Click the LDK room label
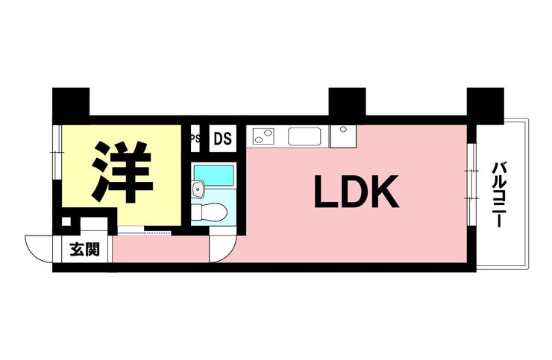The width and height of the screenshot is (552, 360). click(357, 192)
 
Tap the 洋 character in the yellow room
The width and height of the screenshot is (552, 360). click(122, 172)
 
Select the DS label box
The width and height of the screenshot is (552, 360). click(223, 139)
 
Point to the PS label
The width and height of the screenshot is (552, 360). click(195, 139)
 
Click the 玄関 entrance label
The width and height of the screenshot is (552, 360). click(85, 249)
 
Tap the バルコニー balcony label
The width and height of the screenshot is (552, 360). click(498, 195)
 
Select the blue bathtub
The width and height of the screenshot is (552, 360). click(214, 175)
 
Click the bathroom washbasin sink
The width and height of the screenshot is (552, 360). click(198, 189)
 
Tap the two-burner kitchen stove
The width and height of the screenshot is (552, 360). click(263, 136)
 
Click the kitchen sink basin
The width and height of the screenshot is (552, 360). click(305, 136)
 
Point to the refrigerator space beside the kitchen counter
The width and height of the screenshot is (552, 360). click(343, 136)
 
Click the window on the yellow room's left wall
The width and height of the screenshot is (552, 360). click(57, 152)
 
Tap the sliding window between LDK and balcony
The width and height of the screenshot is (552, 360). click(471, 184)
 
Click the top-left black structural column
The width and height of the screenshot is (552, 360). click(71, 105)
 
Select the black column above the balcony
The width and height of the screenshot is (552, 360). click(486, 106)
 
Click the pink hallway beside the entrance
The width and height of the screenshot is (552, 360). click(160, 249)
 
